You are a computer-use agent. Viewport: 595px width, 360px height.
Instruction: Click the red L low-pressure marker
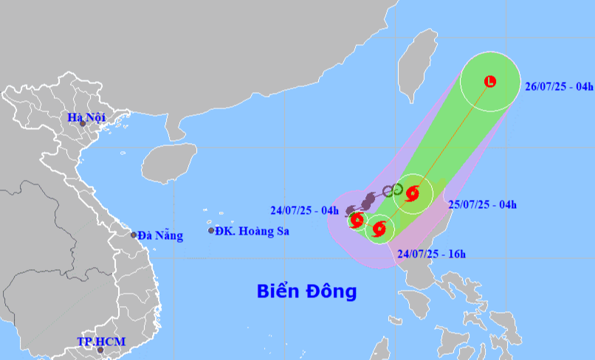(490, 81)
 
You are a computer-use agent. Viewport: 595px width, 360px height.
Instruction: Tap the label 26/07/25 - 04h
(559, 86)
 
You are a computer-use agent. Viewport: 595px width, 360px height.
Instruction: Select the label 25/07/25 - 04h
(483, 204)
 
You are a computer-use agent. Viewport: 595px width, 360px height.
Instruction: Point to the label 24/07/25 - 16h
(431, 255)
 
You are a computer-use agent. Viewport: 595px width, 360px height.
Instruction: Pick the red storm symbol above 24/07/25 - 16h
(380, 227)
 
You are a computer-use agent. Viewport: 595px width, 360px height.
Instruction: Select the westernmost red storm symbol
(357, 219)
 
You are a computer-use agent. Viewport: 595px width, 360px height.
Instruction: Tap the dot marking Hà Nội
(83, 124)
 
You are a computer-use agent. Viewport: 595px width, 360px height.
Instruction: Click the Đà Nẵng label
(160, 235)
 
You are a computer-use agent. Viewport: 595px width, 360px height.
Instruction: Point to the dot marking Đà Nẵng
(134, 235)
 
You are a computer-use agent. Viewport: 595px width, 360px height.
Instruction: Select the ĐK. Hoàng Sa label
(252, 231)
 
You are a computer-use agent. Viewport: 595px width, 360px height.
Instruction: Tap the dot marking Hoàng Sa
(211, 231)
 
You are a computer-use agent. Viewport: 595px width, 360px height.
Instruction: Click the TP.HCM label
(101, 342)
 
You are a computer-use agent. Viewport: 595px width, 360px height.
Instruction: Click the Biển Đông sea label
(306, 291)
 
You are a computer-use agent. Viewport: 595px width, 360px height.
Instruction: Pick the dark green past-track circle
(397, 189)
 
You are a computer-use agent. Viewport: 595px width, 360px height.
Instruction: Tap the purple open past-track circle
(387, 192)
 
